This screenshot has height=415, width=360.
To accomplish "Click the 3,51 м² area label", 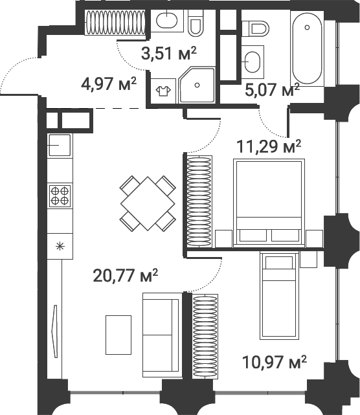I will pyautogui.click(x=169, y=53).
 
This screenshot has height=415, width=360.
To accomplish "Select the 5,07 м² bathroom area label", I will pyautogui.click(x=272, y=89).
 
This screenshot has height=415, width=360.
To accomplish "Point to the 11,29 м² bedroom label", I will pyautogui.click(x=269, y=146).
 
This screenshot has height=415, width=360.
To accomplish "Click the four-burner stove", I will pyautogui.click(x=60, y=196).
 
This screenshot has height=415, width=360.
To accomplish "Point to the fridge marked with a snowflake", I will pyautogui.click(x=60, y=245).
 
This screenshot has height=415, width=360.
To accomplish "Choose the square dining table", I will pyautogui.click(x=148, y=203).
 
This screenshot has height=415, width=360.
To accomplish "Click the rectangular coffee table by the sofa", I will pyautogui.click(x=118, y=334).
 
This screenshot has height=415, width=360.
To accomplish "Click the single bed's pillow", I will pyautogui.click(x=279, y=262).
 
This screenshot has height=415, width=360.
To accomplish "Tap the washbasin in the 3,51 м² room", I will pyautogui.click(x=166, y=21).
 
